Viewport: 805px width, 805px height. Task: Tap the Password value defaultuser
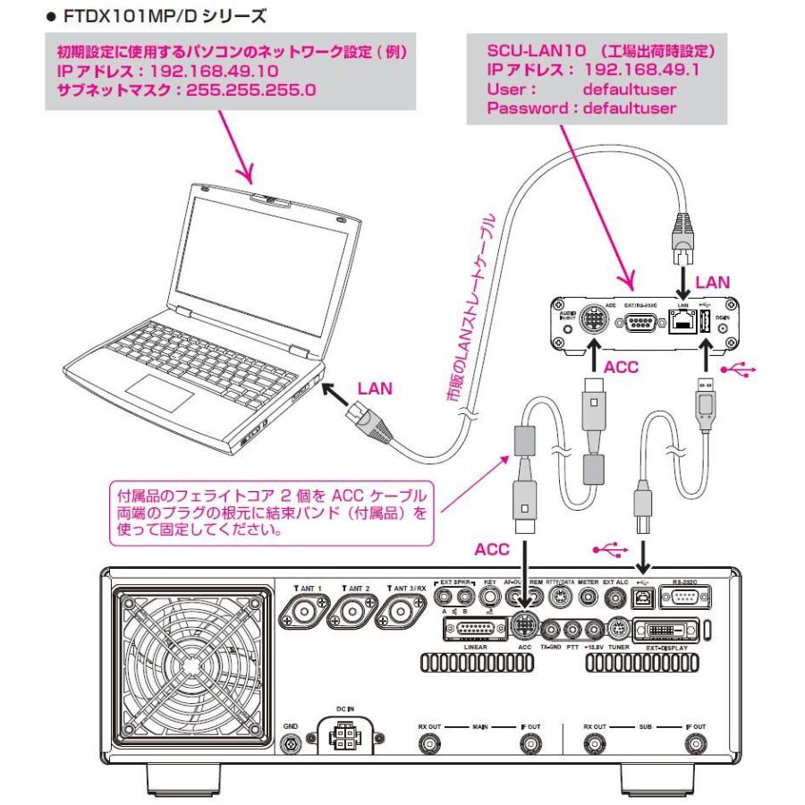pyautogui.click(x=630, y=108)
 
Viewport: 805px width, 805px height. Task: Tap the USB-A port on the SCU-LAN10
pyautogui.click(x=704, y=326)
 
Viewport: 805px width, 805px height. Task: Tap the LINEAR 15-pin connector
pyautogui.click(x=472, y=631)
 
